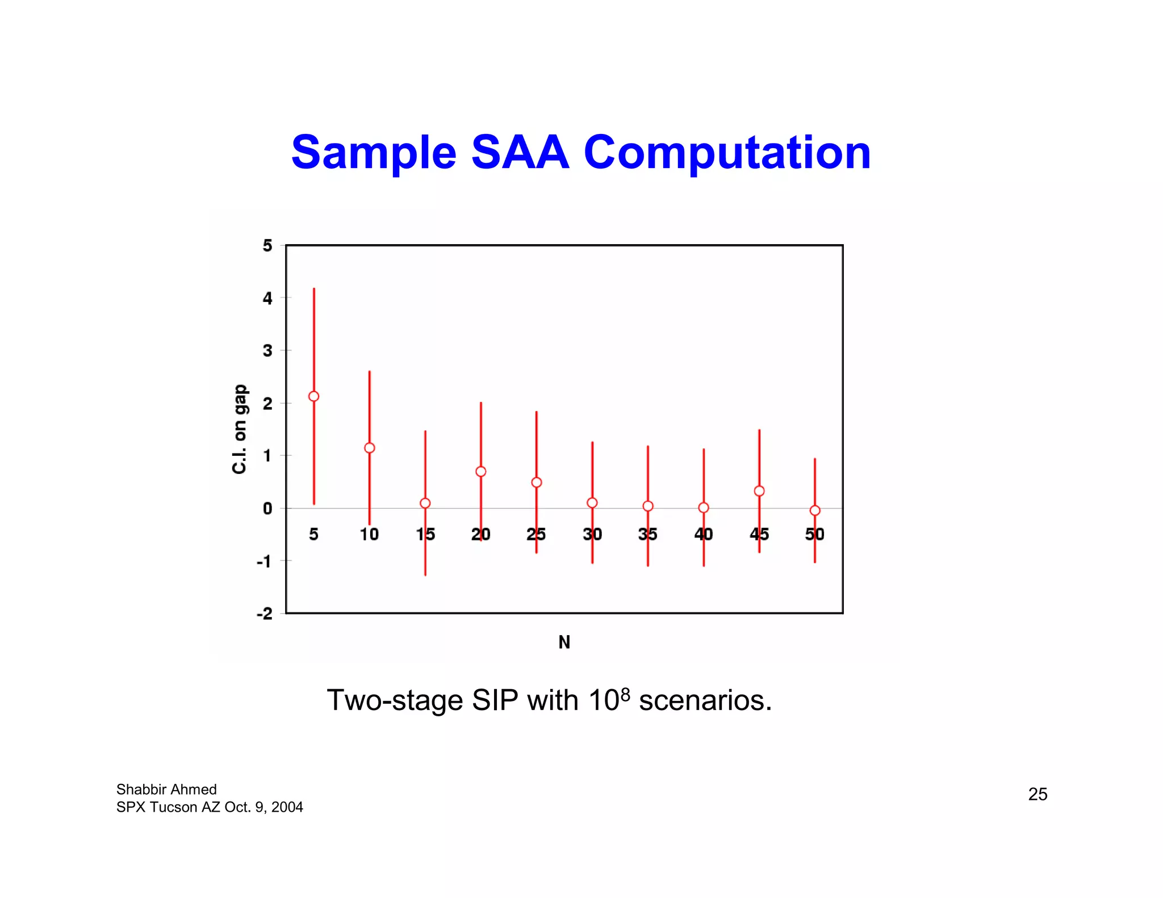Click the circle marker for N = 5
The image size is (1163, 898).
point(313,396)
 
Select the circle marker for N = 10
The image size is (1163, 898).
point(370,448)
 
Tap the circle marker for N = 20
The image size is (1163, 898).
point(481,472)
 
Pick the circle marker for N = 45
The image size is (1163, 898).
point(759,491)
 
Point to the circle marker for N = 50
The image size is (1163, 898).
point(815,510)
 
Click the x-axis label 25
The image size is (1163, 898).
point(536,534)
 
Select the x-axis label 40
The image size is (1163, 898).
point(704,534)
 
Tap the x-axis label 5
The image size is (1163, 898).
point(313,534)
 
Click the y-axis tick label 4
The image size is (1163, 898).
point(267,298)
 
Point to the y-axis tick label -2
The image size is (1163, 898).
point(265,614)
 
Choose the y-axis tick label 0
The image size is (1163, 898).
point(267,509)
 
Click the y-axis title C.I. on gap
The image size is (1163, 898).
point(240,429)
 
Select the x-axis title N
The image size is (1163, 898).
point(564,642)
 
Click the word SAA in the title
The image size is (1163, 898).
point(520,152)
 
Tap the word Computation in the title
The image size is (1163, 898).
point(727,153)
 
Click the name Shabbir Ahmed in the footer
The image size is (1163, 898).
point(166,790)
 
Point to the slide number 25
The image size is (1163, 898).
point(1038,794)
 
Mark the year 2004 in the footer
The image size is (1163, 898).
point(287,807)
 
